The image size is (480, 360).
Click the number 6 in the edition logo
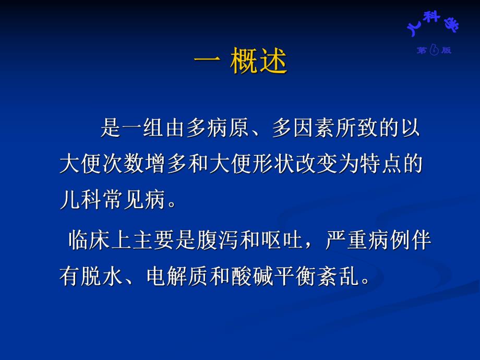pos(434,50)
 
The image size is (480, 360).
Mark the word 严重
pos(346,241)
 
